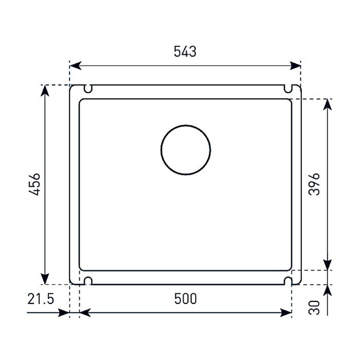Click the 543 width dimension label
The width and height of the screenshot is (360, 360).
point(185,51)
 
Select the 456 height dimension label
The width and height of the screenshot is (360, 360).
point(34,184)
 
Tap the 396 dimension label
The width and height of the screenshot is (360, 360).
point(314,184)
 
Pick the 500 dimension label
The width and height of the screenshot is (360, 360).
point(186,299)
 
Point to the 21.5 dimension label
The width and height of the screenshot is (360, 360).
point(41,299)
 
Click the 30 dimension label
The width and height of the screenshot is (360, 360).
point(314,308)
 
